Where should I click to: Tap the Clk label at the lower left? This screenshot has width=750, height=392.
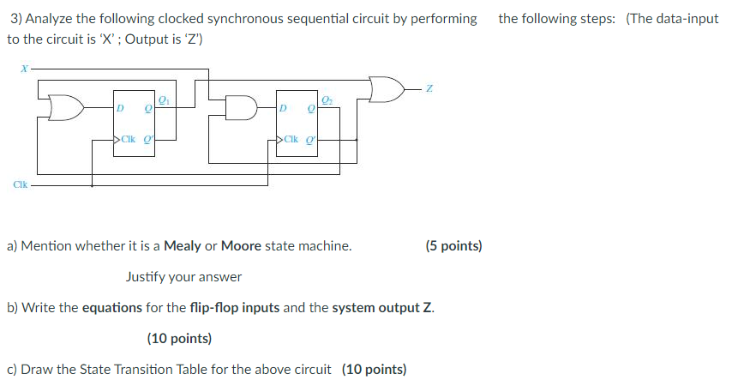pyautogui.click(x=18, y=183)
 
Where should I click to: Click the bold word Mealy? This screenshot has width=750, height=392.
pyautogui.click(x=182, y=246)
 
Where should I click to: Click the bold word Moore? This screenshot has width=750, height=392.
pyautogui.click(x=241, y=246)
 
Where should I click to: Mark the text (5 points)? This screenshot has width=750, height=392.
pyautogui.click(x=453, y=246)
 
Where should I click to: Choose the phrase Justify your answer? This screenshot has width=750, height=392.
pyautogui.click(x=183, y=277)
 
